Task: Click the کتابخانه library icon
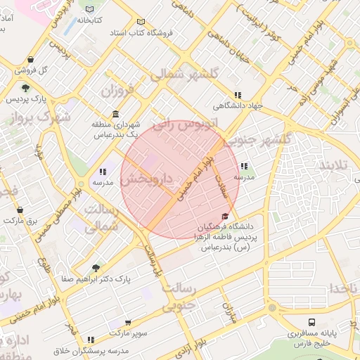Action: click(x=89, y=10)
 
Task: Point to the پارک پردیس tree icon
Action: click(x=25, y=88)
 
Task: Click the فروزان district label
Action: click(x=117, y=91)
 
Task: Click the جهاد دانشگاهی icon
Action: click(x=238, y=95)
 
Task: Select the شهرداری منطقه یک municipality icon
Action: click(x=115, y=115)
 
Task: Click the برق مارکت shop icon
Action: click(x=20, y=210)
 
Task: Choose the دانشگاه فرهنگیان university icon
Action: click(x=225, y=216)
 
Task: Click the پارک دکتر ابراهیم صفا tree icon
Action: click(x=96, y=268)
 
